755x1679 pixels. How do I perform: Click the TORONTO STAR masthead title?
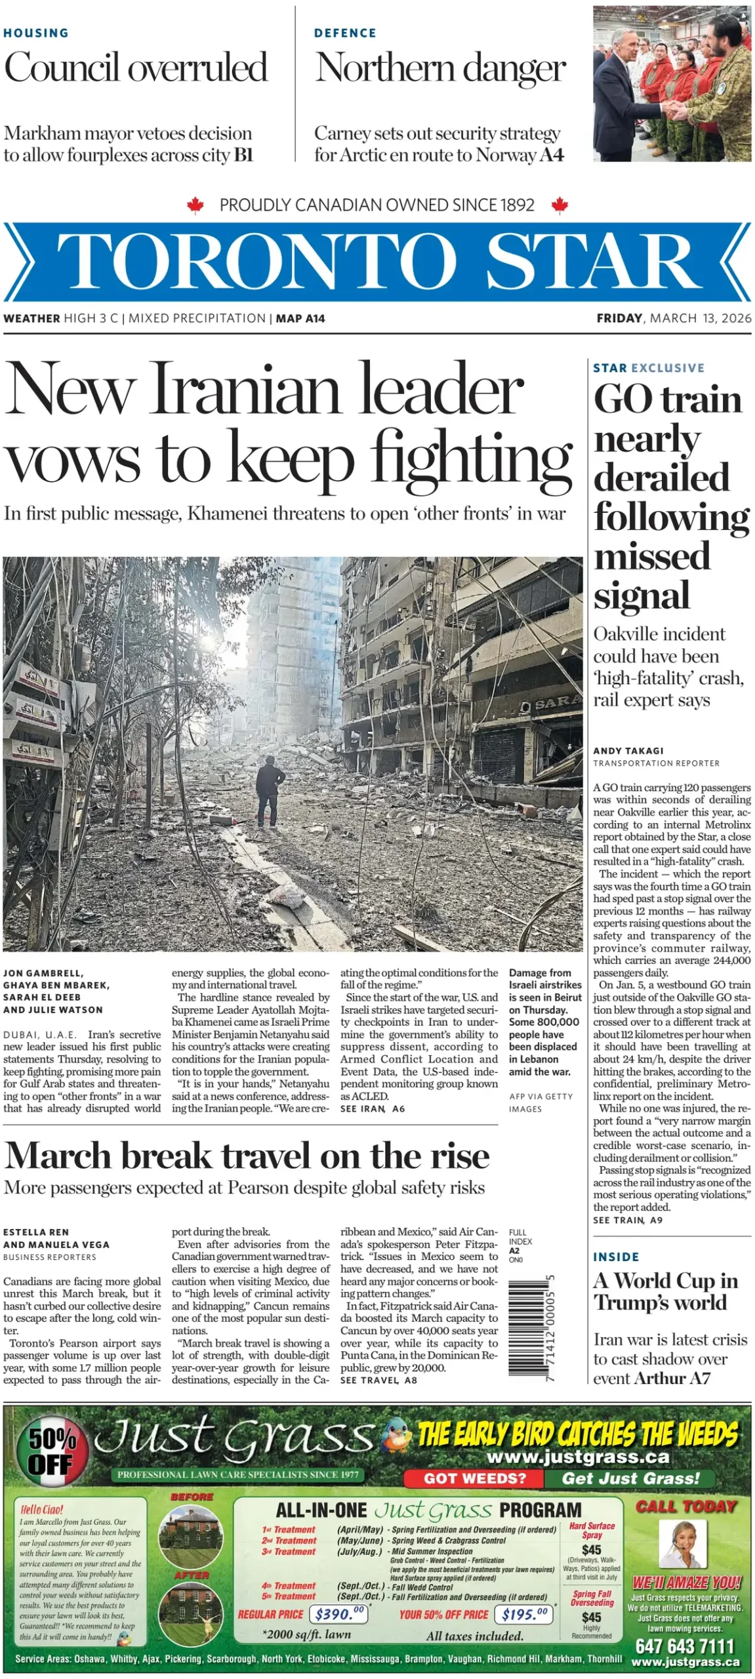click(x=377, y=260)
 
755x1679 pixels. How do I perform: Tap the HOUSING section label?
click(x=36, y=33)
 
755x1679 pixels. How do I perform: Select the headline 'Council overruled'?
click(x=136, y=68)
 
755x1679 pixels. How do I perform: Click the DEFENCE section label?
click(x=345, y=33)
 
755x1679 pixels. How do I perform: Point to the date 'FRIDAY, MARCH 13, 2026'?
click(x=674, y=318)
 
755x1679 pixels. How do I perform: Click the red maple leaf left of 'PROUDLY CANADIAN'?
click(x=195, y=205)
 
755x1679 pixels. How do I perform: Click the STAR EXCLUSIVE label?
click(x=649, y=368)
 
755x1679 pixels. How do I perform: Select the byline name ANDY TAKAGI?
click(x=628, y=750)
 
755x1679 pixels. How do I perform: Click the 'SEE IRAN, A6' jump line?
click(x=373, y=1108)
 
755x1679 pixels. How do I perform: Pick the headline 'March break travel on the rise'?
click(x=247, y=1155)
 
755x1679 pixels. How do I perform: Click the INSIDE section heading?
click(x=616, y=1257)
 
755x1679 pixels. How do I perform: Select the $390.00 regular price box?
click(x=338, y=1614)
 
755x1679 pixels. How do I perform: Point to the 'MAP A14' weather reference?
click(x=300, y=318)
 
